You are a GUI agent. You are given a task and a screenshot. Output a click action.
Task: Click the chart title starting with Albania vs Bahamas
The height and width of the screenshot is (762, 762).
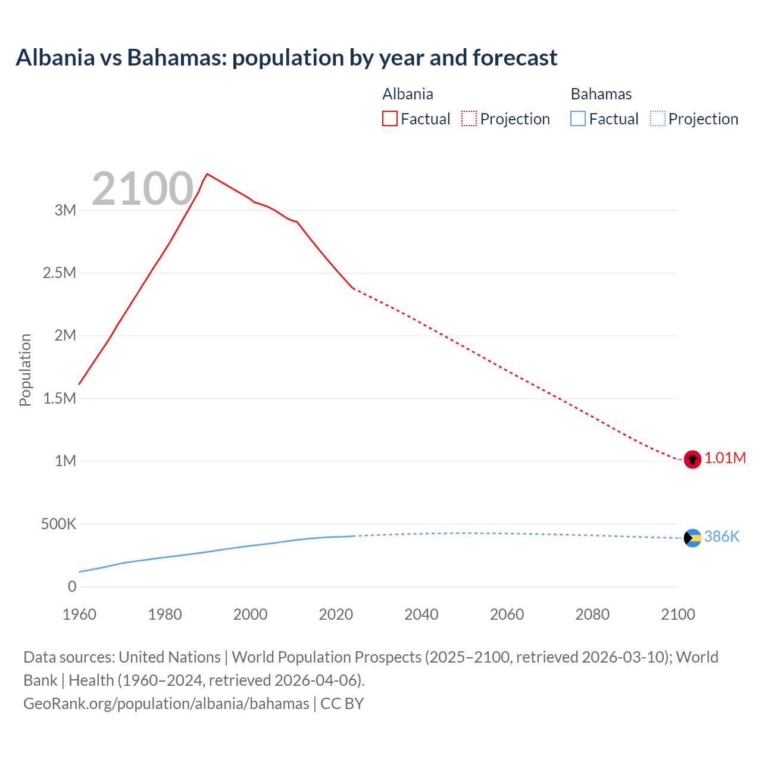point(286,58)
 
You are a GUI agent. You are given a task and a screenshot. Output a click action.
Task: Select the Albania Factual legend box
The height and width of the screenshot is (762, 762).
point(389,118)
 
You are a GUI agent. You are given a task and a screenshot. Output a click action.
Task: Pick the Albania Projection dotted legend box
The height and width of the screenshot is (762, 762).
point(469,118)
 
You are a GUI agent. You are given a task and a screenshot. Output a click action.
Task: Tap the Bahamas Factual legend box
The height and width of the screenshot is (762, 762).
point(577,118)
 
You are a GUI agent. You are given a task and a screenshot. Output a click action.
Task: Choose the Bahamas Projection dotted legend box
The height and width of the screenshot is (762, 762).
point(657,118)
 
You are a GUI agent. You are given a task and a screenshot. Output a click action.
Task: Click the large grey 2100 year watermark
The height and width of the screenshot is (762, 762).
point(142,189)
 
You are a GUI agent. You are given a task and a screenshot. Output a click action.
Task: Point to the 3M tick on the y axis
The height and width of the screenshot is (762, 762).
point(65,210)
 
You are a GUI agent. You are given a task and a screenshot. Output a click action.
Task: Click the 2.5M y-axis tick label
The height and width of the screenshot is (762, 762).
point(60,273)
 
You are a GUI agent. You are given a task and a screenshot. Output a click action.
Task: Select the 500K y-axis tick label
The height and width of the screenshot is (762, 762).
point(58,524)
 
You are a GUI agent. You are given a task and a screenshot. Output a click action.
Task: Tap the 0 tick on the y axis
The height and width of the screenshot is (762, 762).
point(72,587)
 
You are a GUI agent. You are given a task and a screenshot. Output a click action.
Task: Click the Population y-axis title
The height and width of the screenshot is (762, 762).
point(25,370)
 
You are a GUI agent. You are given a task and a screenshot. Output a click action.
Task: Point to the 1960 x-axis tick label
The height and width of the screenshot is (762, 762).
point(79,614)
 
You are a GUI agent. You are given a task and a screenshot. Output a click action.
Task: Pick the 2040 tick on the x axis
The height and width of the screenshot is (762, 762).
point(421,614)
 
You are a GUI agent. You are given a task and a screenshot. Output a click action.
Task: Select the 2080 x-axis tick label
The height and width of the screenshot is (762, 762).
point(592,614)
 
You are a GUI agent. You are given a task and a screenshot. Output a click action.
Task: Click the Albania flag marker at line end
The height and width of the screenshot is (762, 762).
point(692,460)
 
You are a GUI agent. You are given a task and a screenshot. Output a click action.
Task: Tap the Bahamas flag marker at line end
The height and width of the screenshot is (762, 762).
point(692,538)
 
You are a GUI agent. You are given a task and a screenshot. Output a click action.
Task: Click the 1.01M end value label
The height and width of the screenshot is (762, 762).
point(725,458)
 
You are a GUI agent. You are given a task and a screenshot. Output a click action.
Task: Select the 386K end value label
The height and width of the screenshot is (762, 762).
point(722,537)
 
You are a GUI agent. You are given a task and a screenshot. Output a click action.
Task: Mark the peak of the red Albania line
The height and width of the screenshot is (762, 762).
point(207,174)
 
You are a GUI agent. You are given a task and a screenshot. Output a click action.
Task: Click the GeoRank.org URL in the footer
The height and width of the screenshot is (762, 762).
point(166,704)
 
